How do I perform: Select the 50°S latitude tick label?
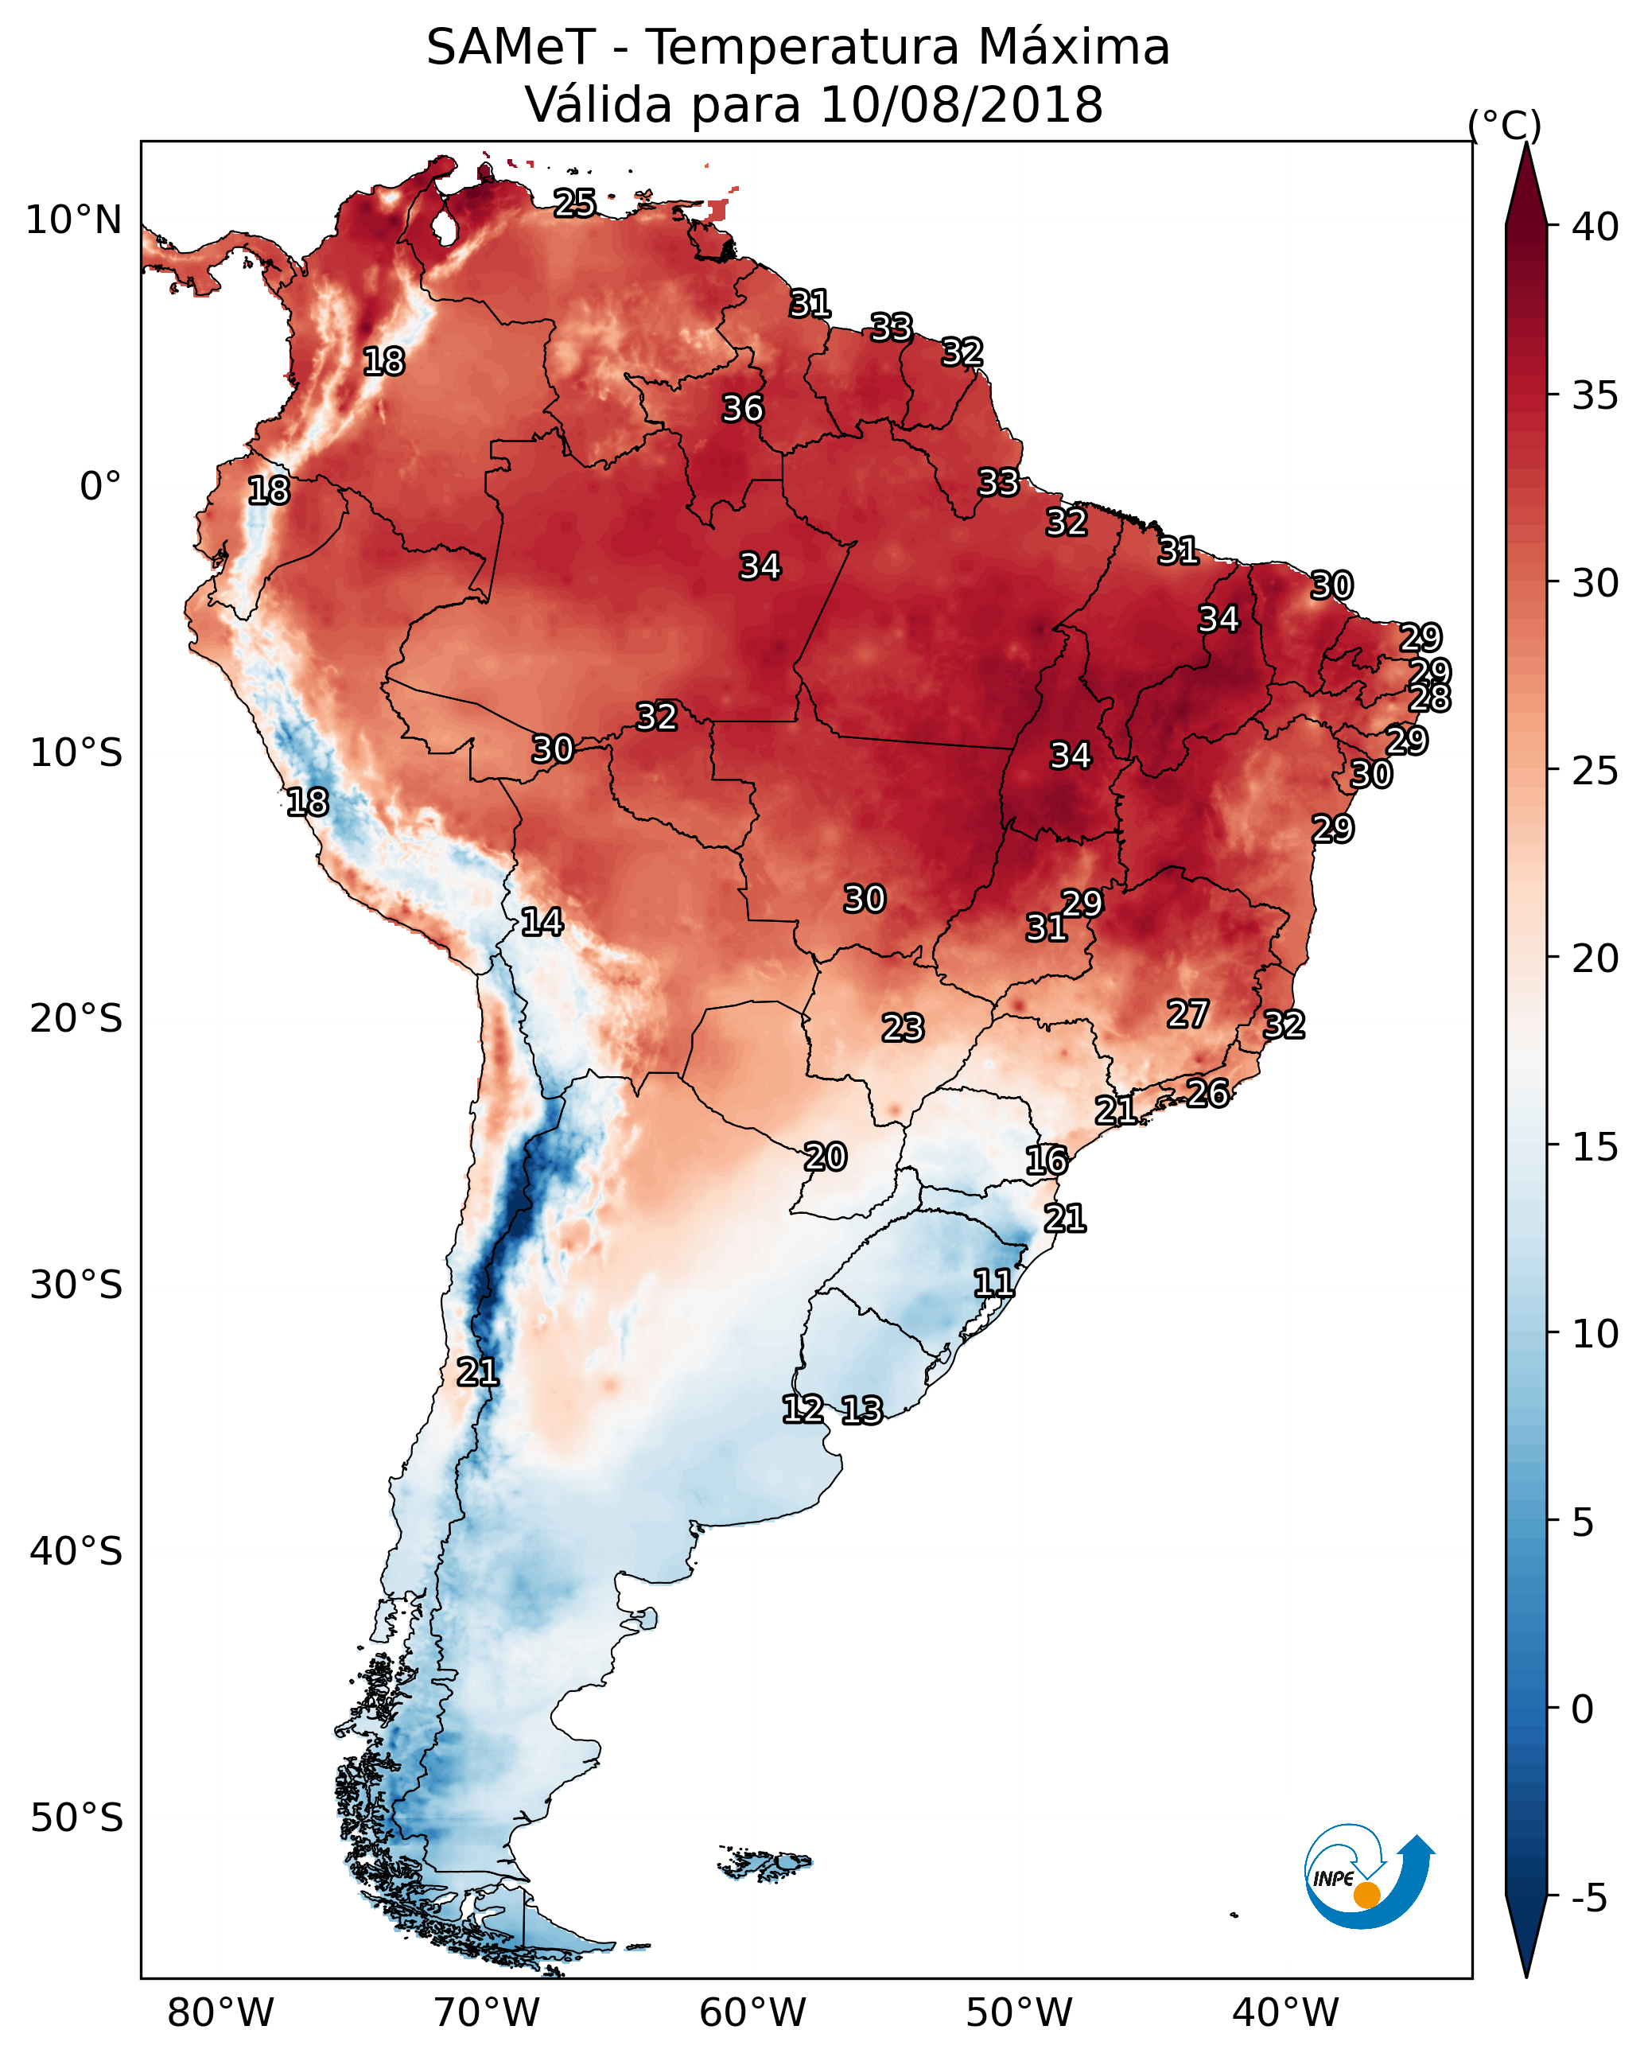[x=76, y=1818]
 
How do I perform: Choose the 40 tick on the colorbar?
[x=1595, y=227]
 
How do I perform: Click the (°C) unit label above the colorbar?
[x=1505, y=125]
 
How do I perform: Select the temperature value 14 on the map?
[x=542, y=922]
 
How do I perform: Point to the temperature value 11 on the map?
[x=993, y=1283]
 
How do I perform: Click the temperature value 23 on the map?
[x=903, y=1028]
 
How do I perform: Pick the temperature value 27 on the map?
[x=1188, y=1014]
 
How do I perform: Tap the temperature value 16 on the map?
[x=1047, y=1161]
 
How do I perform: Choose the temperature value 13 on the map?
[x=861, y=1410]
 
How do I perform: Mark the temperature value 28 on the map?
[x=1430, y=698]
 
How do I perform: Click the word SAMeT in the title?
[x=511, y=48]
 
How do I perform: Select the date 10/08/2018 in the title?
[x=961, y=105]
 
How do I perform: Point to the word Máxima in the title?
[x=1074, y=48]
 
